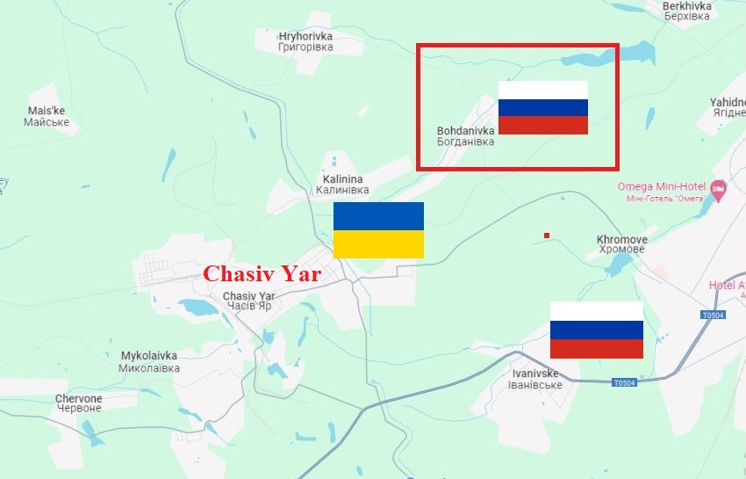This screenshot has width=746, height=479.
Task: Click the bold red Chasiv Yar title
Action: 262,273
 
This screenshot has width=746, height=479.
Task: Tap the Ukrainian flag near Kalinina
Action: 378,229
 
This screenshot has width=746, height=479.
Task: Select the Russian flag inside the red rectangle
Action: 542,107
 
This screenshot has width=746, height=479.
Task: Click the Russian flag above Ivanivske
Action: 596,330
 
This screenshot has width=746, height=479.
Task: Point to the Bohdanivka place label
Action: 465,136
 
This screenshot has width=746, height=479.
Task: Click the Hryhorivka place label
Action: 305,41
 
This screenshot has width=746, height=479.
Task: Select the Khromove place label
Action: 621,244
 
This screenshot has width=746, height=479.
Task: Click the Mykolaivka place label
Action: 149,362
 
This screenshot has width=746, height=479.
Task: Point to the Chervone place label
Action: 79,403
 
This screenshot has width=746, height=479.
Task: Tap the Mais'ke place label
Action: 47,116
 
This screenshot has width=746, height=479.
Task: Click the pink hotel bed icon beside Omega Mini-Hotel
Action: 719,188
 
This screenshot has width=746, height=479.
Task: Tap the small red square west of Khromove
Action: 547,236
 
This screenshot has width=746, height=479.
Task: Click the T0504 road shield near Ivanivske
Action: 624,382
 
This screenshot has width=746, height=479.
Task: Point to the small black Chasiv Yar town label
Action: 248,301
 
